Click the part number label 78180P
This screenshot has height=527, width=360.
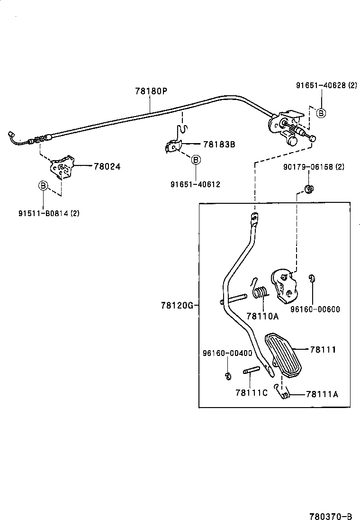(x=151, y=91)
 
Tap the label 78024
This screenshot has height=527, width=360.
(x=107, y=166)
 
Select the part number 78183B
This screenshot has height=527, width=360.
(x=219, y=144)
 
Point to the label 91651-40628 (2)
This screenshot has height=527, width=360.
(x=326, y=85)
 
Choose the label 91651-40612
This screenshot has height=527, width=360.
(x=195, y=184)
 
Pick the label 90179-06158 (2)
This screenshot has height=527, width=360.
(x=314, y=167)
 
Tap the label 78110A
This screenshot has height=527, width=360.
(x=261, y=316)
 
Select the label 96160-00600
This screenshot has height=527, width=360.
(x=315, y=309)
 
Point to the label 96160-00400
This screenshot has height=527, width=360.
(x=227, y=353)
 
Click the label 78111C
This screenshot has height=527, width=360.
(x=251, y=392)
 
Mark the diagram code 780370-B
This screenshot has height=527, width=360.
(x=331, y=516)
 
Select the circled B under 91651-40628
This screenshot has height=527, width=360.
(x=321, y=113)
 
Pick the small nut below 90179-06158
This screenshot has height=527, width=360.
(x=309, y=190)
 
